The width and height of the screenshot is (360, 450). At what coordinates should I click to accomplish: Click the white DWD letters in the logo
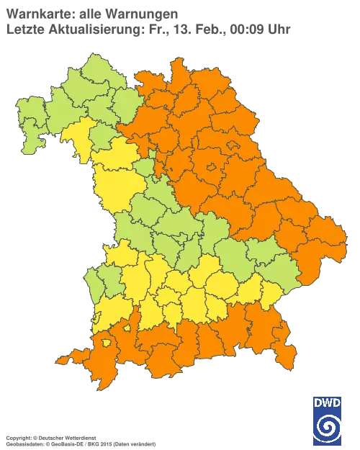(x=328, y=402)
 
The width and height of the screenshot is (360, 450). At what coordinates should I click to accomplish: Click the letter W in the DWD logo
(x=328, y=402)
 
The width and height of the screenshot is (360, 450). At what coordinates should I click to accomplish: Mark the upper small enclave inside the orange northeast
(x=233, y=146)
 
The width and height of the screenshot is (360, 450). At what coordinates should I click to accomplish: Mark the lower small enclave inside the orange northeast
(x=212, y=168)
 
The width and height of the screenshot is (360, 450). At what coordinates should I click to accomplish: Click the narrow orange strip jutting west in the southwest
(x=68, y=357)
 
